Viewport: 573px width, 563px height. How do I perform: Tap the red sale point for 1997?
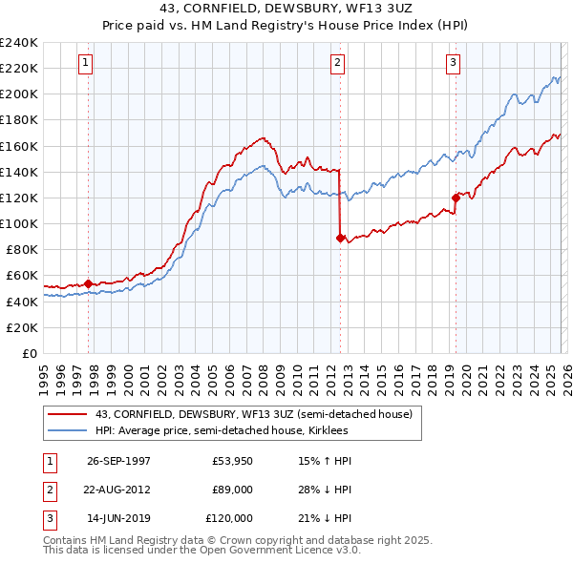pyautogui.click(x=89, y=283)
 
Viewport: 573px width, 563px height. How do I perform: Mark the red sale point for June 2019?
pyautogui.click(x=456, y=198)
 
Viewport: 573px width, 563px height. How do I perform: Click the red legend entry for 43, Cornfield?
pyautogui.click(x=253, y=414)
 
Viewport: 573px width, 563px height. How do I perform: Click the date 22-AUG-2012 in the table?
pyautogui.click(x=118, y=490)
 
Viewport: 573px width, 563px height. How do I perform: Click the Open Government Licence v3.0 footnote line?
pyautogui.click(x=201, y=551)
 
